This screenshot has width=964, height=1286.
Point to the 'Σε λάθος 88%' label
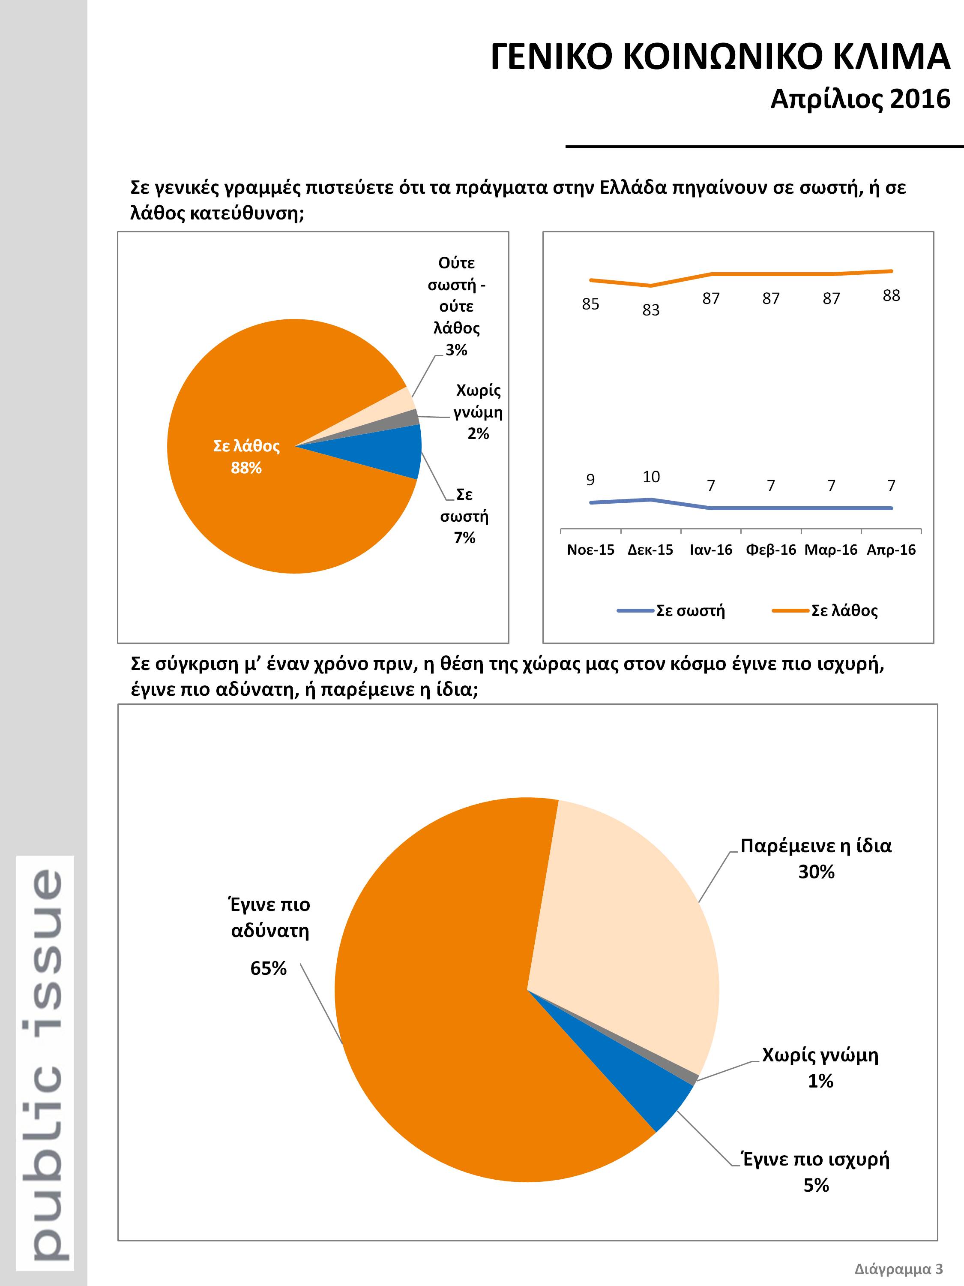click(246, 457)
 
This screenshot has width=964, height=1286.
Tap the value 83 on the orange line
click(651, 310)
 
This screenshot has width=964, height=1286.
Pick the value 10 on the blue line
click(651, 477)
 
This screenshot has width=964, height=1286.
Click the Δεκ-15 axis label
click(650, 550)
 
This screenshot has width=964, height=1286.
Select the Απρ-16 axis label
click(891, 550)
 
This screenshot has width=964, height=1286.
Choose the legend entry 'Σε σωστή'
click(671, 610)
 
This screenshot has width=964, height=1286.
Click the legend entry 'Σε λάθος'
click(825, 610)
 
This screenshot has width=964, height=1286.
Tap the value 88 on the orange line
click(891, 296)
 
